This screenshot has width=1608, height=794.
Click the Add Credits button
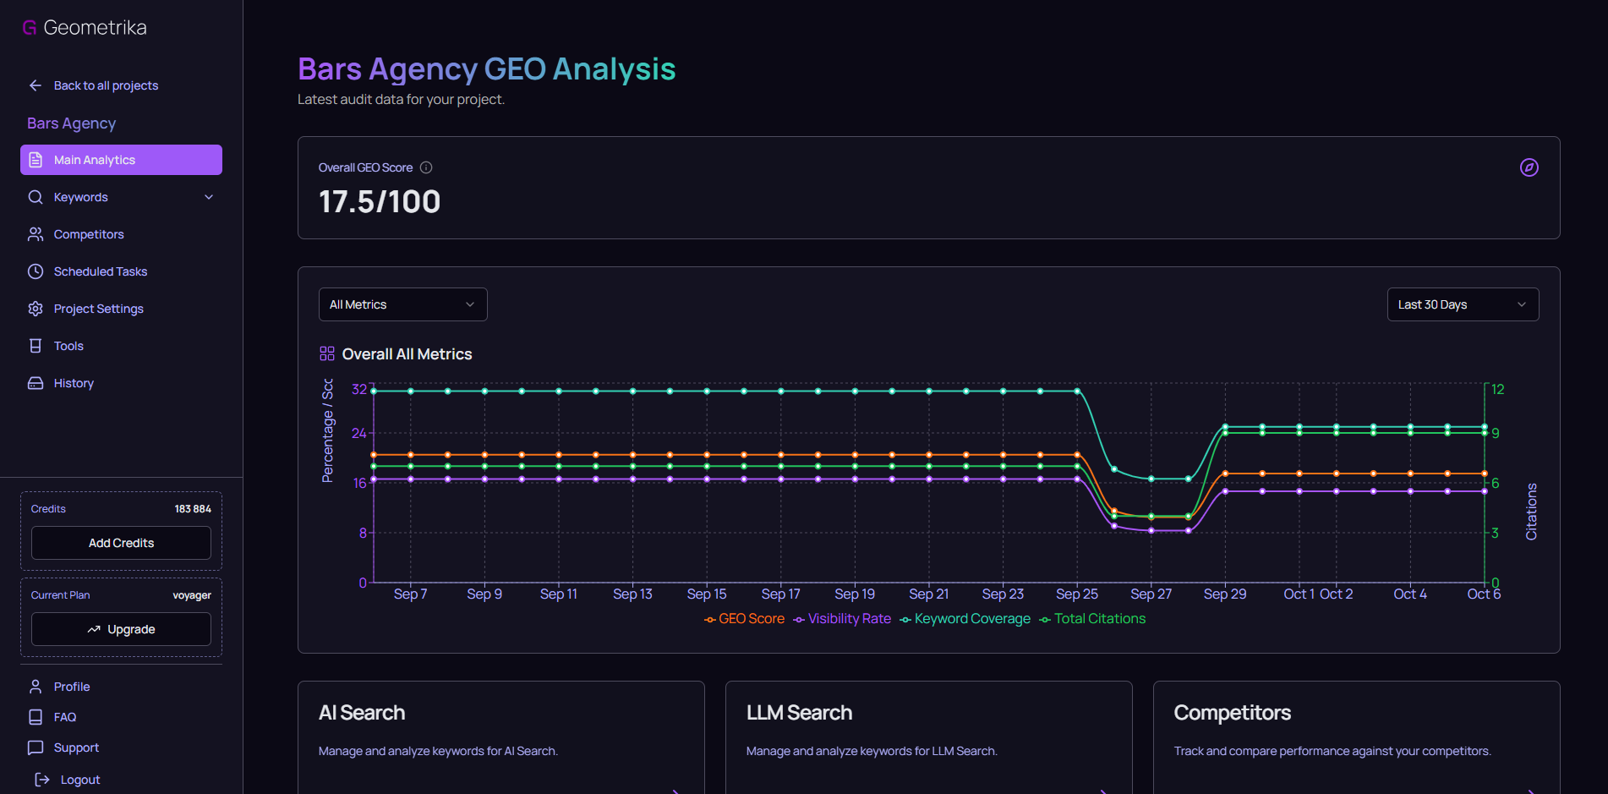121,543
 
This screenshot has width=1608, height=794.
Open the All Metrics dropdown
402,304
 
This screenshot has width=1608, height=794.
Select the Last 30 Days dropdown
1462,304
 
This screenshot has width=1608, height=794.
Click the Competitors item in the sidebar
89,234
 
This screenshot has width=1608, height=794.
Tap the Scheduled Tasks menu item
100,271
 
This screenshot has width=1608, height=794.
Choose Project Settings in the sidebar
98,309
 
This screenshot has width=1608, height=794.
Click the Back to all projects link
105,85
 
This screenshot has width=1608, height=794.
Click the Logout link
79,780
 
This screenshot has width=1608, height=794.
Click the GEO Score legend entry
751,619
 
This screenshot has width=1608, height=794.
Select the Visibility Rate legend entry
849,619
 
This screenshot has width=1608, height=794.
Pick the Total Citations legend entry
1099,619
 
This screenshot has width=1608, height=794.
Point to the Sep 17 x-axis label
780,594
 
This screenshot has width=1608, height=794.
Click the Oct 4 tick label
1409,594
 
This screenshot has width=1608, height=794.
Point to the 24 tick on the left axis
359,433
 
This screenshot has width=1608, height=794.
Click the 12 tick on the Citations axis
1497,389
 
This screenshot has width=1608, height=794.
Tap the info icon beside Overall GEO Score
426,167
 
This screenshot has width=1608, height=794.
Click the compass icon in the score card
1529,167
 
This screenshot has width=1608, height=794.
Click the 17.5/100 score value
380,202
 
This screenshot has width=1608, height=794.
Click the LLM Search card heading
799,713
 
